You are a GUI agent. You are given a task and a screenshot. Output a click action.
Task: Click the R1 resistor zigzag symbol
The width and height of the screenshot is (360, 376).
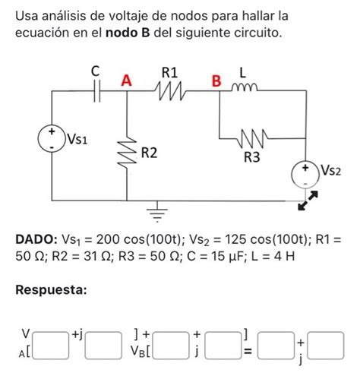tap(171, 91)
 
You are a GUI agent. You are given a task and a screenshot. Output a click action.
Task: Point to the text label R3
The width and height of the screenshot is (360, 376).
tap(251, 158)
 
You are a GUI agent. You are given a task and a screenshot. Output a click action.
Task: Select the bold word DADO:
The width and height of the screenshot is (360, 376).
tap(39, 239)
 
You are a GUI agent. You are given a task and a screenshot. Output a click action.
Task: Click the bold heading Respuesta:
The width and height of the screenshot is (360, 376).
tap(54, 290)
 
